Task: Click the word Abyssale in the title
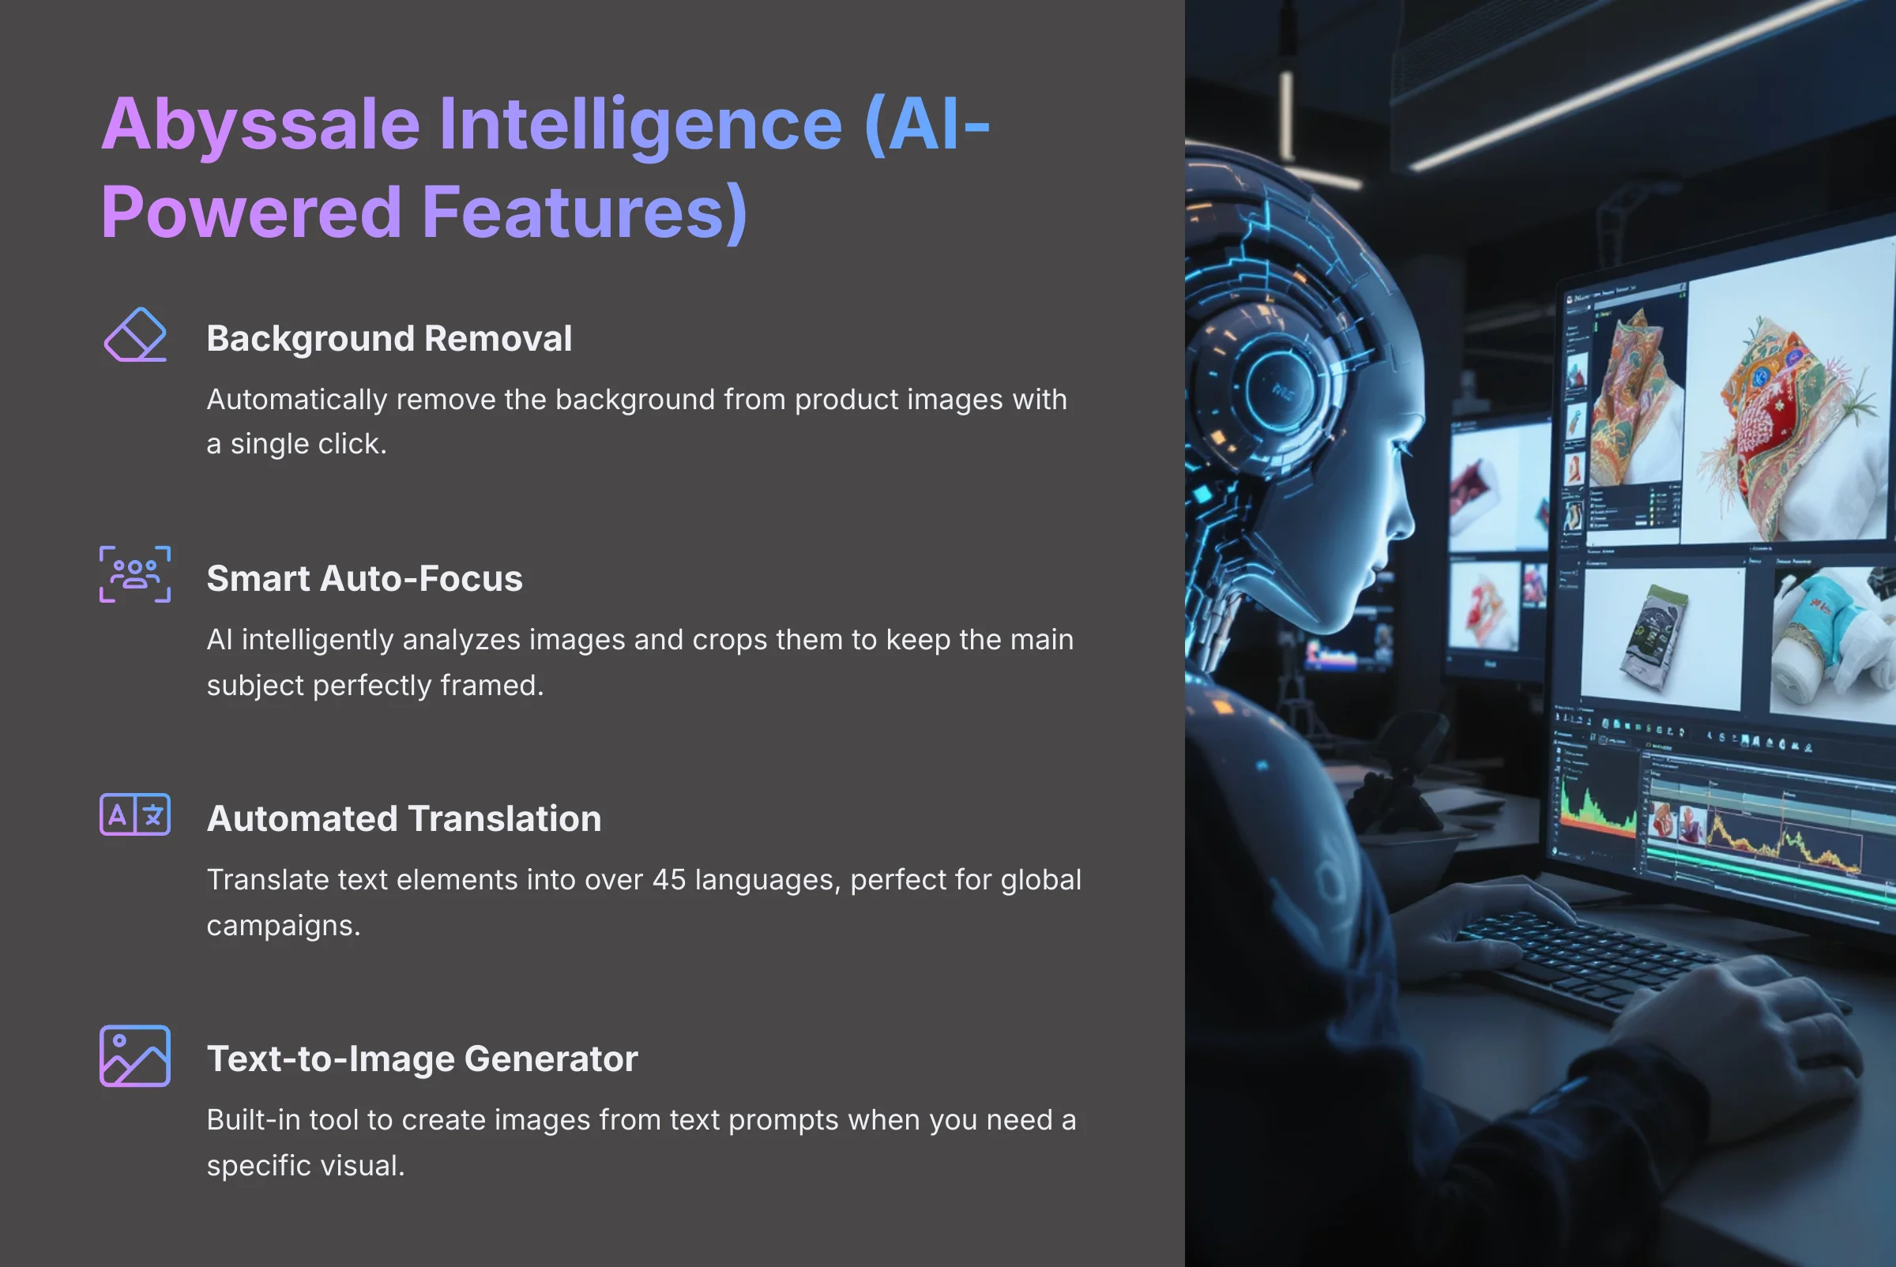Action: [x=260, y=126]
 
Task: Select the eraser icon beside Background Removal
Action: [x=135, y=335]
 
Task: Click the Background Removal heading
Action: [x=389, y=339]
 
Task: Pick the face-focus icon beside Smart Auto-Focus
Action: [x=135, y=574]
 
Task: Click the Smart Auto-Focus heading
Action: [x=364, y=578]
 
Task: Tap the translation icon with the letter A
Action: [x=135, y=814]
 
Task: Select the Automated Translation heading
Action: [x=404, y=818]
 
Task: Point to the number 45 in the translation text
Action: [x=668, y=880]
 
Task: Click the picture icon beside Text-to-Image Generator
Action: [x=135, y=1056]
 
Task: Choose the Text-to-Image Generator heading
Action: [x=422, y=1058]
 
